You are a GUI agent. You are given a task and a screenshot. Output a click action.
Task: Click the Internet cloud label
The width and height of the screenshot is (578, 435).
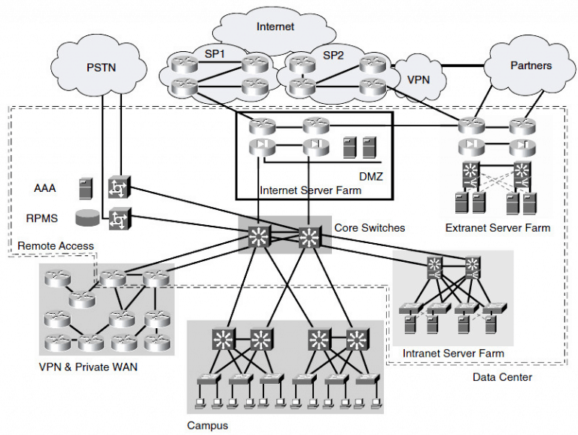(x=275, y=27)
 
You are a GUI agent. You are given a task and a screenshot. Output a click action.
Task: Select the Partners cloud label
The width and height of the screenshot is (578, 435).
(x=531, y=65)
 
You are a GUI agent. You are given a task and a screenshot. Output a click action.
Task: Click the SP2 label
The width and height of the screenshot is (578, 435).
(x=333, y=56)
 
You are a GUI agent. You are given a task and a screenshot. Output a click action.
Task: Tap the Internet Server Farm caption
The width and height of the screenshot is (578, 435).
(x=310, y=191)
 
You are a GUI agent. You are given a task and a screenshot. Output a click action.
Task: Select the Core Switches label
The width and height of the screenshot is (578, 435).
(x=370, y=227)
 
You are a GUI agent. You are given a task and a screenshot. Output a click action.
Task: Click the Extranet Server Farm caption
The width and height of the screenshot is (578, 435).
(x=497, y=227)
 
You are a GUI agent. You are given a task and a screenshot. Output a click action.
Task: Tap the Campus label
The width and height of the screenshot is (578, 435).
(x=207, y=425)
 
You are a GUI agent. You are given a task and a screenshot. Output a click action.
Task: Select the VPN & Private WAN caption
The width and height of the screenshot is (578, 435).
(x=87, y=368)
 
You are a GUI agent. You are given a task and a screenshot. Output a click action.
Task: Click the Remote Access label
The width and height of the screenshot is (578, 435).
(x=56, y=245)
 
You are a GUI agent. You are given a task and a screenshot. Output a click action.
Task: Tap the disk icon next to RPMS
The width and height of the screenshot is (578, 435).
(x=87, y=219)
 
